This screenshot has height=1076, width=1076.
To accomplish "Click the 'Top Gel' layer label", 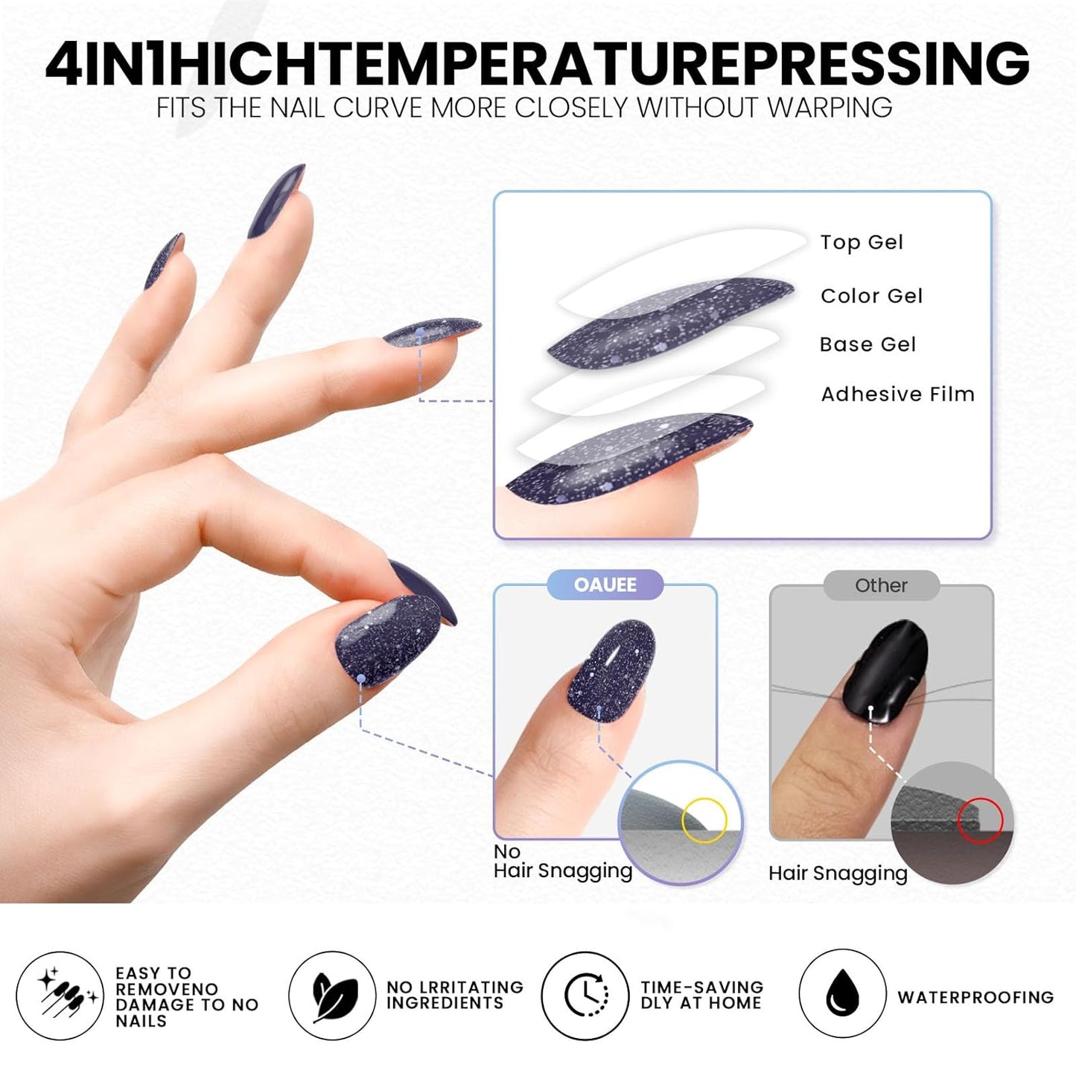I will pos(862,243).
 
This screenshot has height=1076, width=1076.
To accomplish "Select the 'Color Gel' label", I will pos(871,296).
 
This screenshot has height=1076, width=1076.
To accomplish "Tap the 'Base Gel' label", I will pos(868,345).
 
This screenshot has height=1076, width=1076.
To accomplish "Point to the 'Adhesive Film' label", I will pos(897,394).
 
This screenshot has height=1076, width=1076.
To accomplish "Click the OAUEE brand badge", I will pos(605,585).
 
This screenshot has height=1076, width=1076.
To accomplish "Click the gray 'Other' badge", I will pos(881,585).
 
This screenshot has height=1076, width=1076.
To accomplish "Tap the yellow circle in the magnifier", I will pos(704,820).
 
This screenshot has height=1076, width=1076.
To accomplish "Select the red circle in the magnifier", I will pos(980,821).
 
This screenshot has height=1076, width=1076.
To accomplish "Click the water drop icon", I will pos(842,994).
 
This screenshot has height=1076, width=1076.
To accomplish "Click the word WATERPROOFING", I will pos(975,997).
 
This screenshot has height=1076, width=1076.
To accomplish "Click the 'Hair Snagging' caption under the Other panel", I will pos(838,873).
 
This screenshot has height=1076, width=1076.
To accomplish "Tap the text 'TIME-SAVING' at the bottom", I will pos(702,987).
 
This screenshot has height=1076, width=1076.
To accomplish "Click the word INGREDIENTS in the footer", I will pos(445,1004).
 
